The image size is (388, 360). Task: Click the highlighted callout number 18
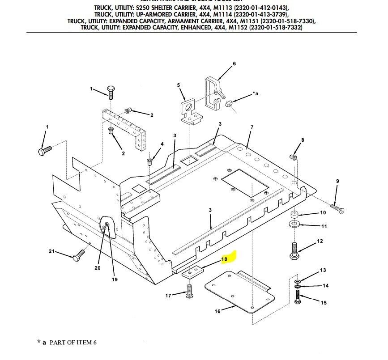[224, 259]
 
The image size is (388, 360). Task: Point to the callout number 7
[252, 127]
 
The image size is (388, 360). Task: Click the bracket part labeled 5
[190, 110]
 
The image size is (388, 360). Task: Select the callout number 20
[98, 268]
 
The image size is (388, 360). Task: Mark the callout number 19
[115, 280]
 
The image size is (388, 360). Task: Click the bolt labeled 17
[190, 294]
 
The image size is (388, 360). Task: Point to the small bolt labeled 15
[298, 297]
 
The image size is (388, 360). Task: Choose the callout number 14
[325, 285]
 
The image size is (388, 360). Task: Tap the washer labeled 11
[294, 223]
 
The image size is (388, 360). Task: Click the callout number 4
[162, 144]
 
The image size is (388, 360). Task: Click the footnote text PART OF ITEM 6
[72, 343]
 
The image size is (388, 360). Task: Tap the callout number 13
[323, 271]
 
